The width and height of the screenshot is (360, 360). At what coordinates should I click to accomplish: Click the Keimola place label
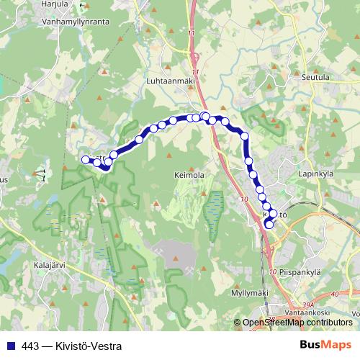coord(188,174)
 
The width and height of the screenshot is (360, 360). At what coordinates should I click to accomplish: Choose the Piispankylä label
coord(300,272)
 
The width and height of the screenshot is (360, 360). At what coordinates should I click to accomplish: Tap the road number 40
coord(334,294)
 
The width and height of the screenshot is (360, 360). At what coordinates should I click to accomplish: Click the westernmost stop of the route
coord(85,159)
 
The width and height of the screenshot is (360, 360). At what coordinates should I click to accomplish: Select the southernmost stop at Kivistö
coord(269,224)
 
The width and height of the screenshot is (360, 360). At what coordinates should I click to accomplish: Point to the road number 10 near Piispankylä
coord(272,271)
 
